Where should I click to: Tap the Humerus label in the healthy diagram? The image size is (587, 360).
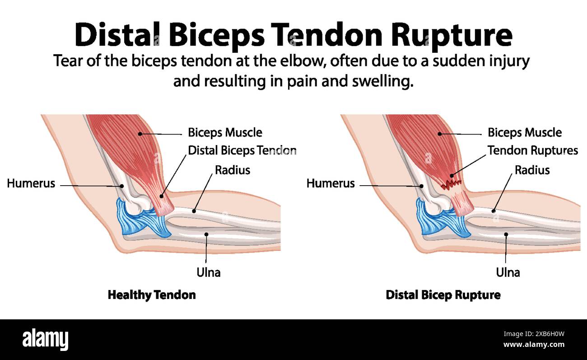[31, 183]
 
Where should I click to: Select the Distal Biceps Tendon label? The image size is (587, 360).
[242, 150]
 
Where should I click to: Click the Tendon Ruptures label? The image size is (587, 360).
[533, 150]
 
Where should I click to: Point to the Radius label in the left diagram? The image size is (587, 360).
[232, 170]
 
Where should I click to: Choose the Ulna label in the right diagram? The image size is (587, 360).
[508, 272]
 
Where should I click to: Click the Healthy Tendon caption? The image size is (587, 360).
[152, 295]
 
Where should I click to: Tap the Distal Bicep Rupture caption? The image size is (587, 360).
[443, 295]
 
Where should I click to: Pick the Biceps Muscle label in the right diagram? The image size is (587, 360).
[525, 133]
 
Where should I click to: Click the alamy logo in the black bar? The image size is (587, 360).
[46, 339]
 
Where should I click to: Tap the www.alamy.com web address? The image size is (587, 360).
[533, 345]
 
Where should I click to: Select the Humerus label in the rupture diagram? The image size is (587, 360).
[331, 183]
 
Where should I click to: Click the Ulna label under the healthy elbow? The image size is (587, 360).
[208, 272]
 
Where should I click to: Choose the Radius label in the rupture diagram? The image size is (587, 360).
[532, 170]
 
